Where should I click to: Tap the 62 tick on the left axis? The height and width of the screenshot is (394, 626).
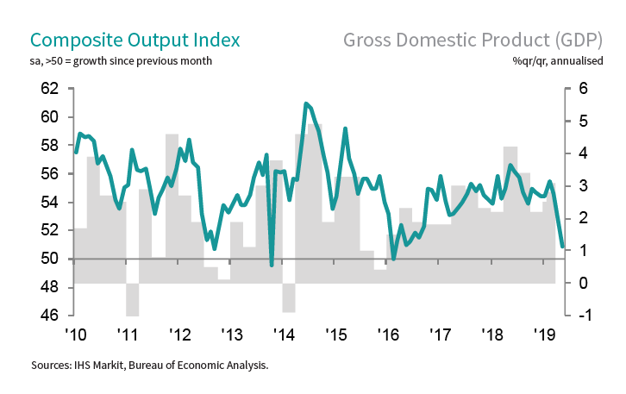point(48,89)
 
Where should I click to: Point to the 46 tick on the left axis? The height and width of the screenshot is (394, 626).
point(48,316)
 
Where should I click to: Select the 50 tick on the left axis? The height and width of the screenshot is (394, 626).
point(48,259)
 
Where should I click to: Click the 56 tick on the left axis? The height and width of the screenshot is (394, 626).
point(48,174)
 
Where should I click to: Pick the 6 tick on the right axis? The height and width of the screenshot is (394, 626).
point(583,89)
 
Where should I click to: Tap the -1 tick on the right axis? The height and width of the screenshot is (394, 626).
point(581,316)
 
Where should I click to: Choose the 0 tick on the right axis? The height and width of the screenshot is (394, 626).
point(583,283)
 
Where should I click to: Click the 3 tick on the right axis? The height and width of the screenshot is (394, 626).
point(583,186)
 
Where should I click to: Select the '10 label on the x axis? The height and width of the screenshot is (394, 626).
point(74,335)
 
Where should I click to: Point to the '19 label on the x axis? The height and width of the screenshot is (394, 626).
point(543,335)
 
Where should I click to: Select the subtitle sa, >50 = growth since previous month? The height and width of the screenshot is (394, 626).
point(121,61)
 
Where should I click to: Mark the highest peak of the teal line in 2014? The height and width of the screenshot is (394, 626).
point(306,103)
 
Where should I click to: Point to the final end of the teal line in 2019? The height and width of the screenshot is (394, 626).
point(562,247)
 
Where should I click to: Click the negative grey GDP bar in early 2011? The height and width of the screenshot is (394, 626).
point(132,299)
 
